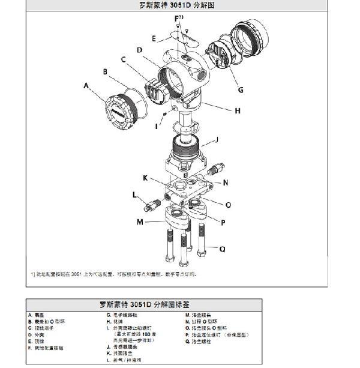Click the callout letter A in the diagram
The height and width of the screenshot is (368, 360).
(86, 86)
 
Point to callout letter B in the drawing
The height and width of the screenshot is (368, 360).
(105, 72)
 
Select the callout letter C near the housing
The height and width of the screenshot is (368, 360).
(123, 59)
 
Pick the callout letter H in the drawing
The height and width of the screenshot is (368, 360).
(238, 110)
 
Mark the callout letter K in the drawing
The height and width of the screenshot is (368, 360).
(145, 178)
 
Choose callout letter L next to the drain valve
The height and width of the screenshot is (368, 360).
(134, 193)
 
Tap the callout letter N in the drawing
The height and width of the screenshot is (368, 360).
(225, 182)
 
